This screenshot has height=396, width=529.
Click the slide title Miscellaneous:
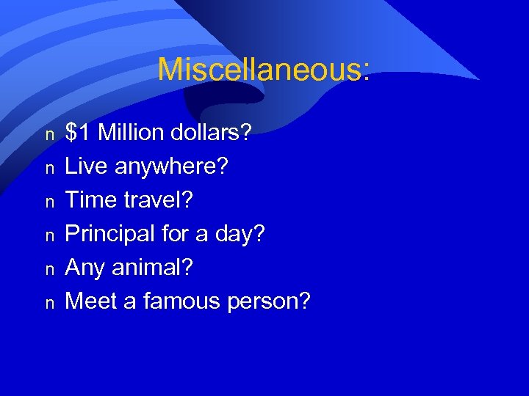[x=264, y=70]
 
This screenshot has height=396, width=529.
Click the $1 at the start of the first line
[x=79, y=133]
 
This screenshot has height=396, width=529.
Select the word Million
[x=132, y=133]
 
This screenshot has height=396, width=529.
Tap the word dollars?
[x=212, y=133]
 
